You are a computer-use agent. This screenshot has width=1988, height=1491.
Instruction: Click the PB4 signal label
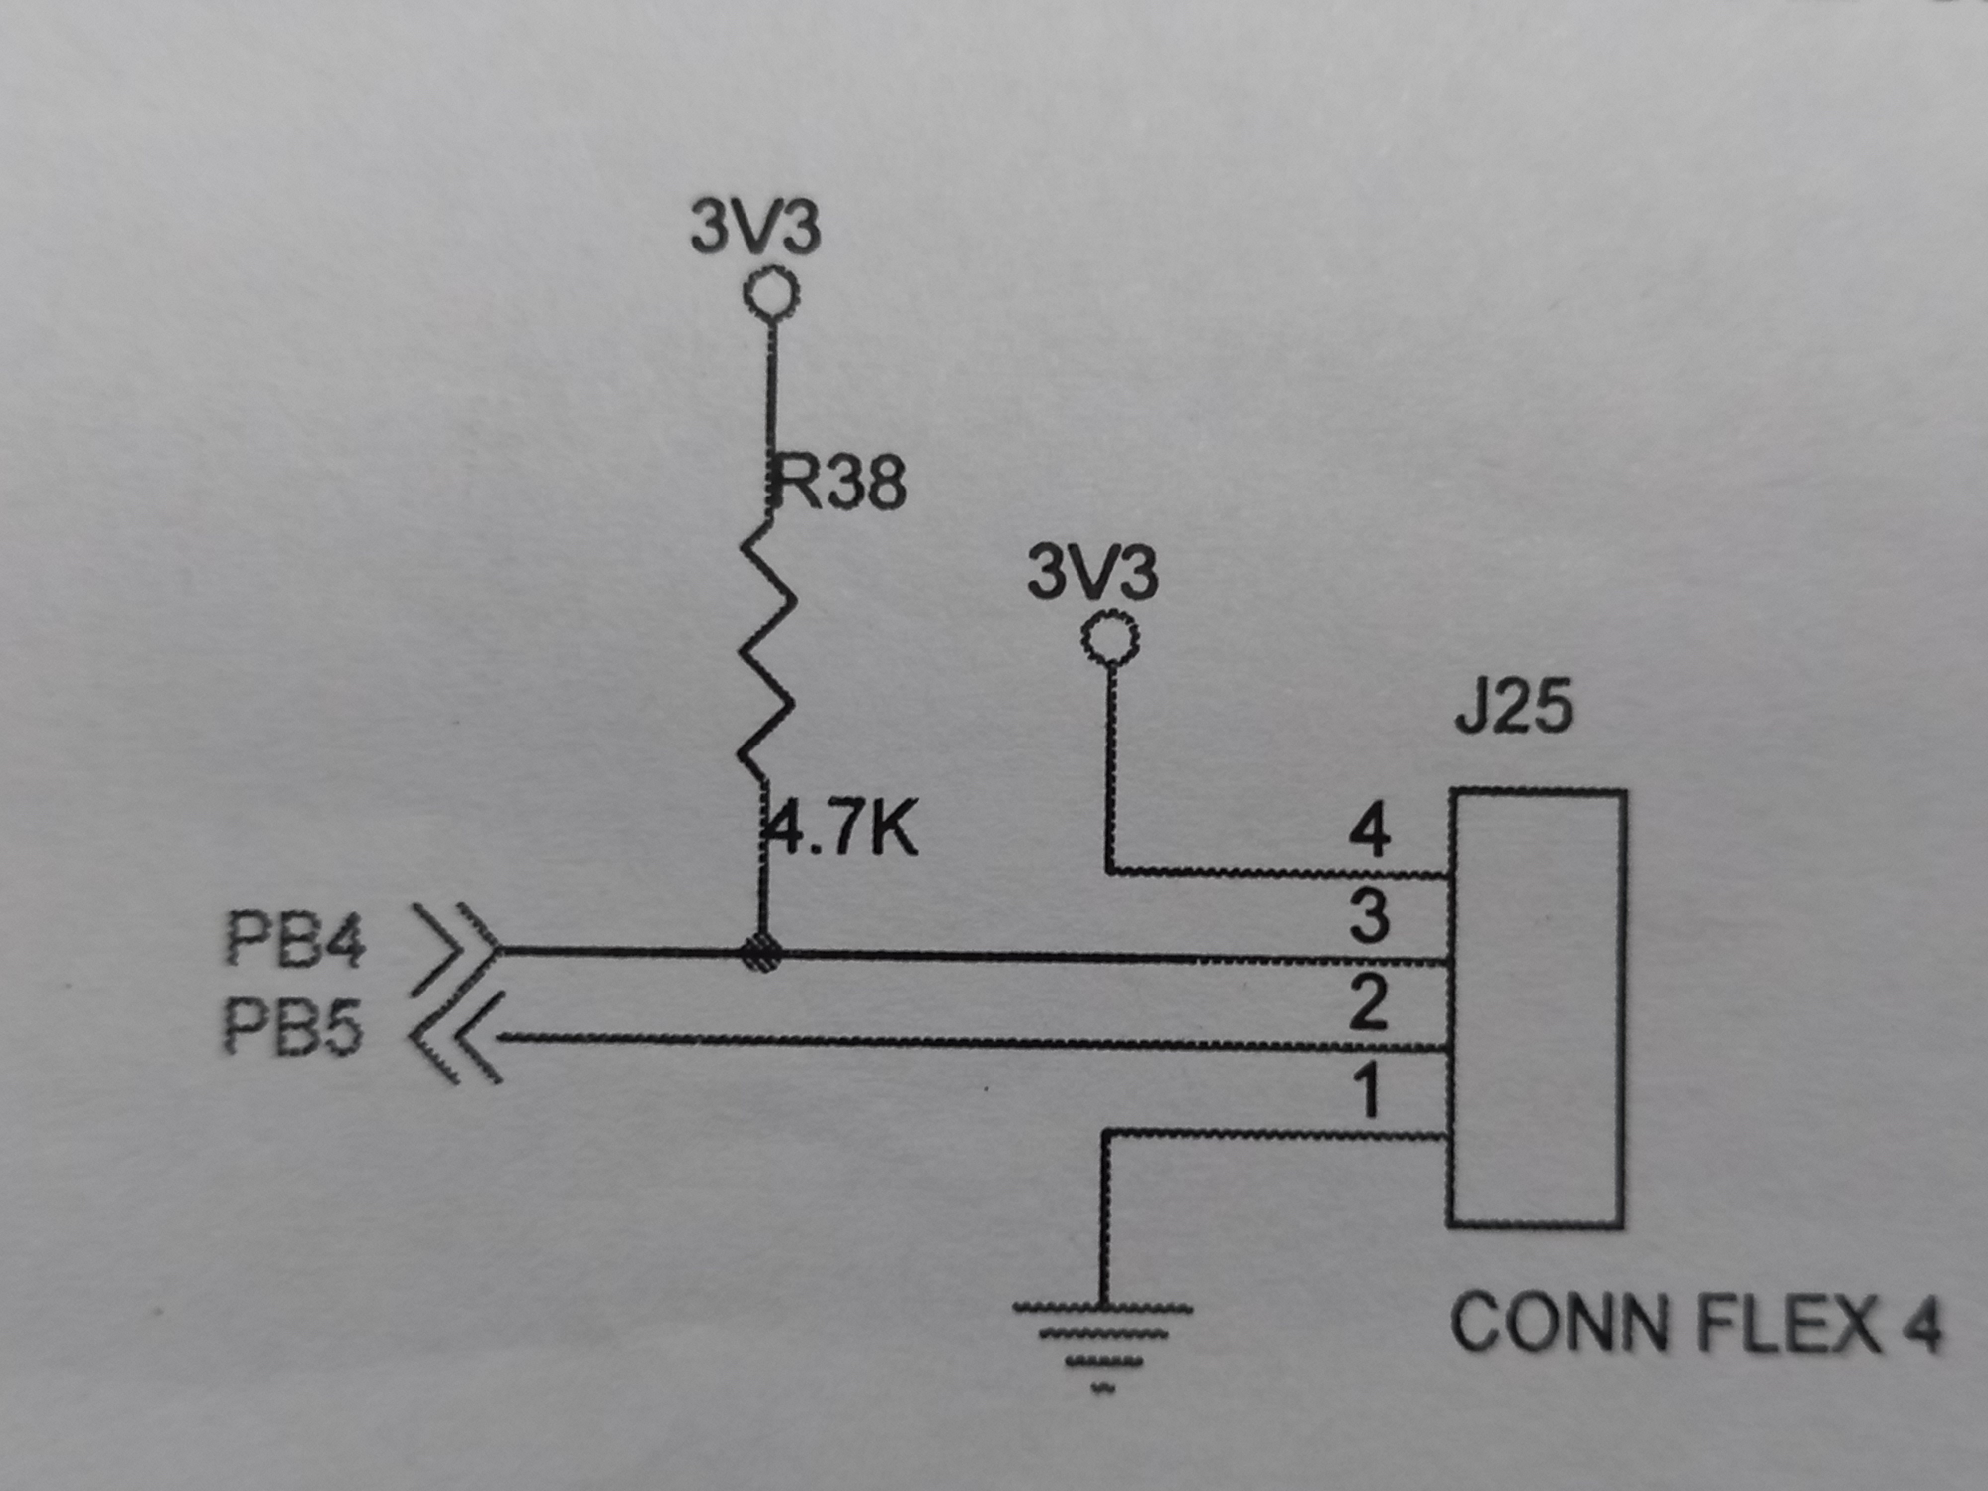(x=295, y=940)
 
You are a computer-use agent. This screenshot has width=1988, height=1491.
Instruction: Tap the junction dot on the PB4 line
(x=762, y=953)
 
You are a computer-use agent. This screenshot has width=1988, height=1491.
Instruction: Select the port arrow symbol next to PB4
(x=457, y=950)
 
